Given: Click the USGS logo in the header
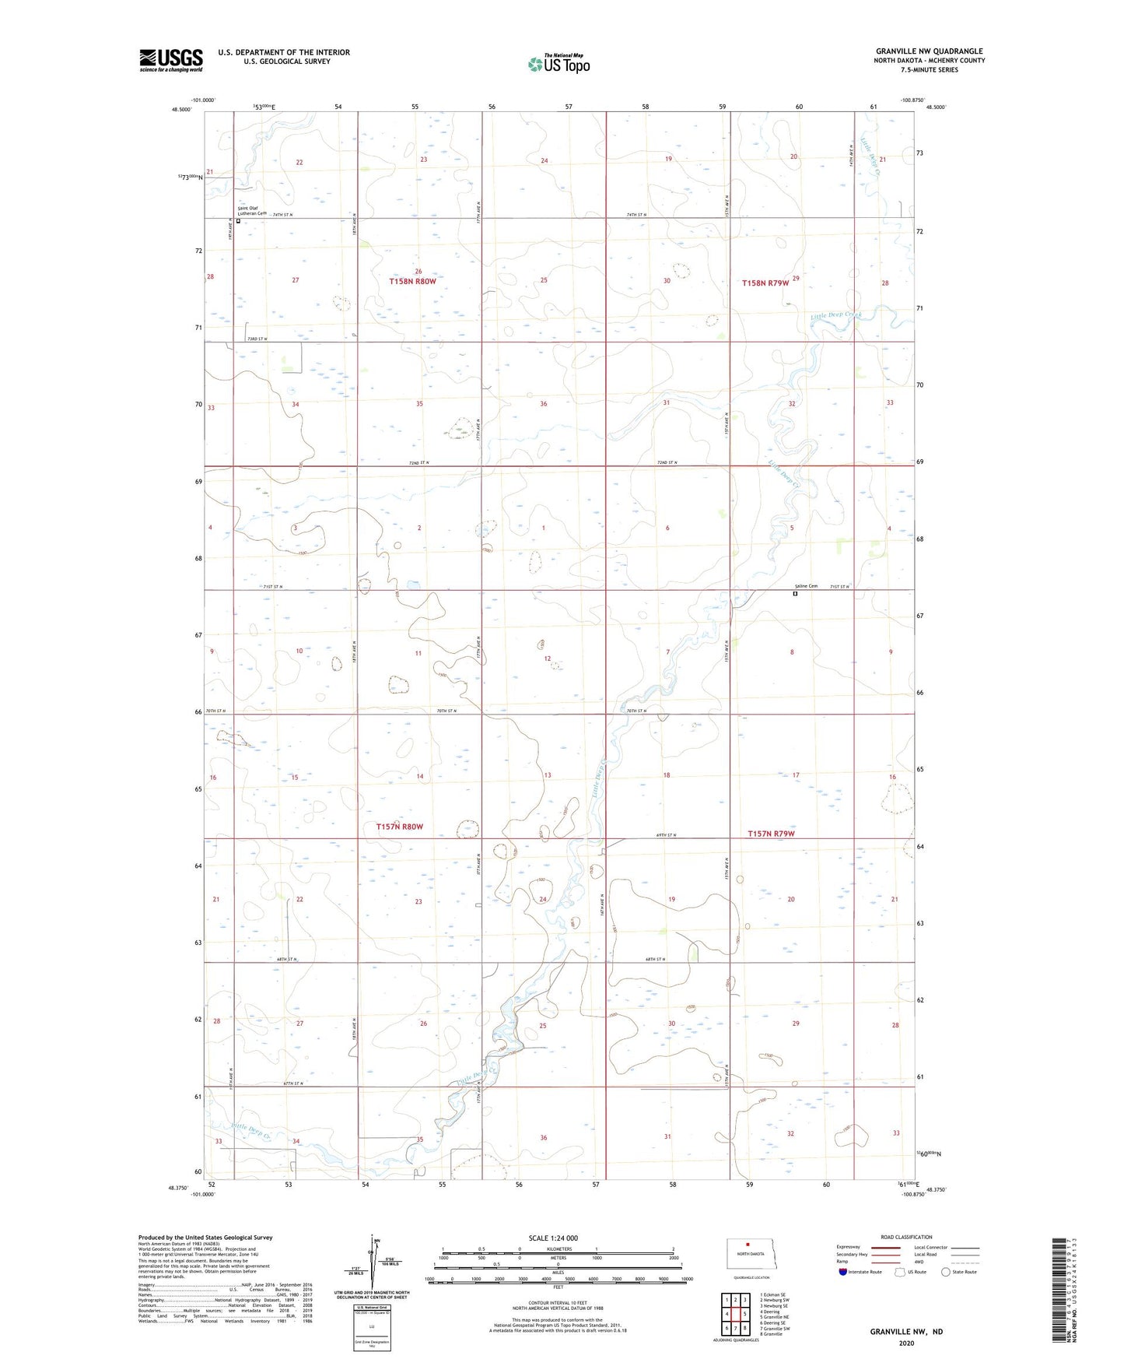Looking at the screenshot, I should point(170,60).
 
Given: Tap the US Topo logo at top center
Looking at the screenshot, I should point(558,64).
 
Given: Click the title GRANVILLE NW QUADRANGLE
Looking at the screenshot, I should point(929,51).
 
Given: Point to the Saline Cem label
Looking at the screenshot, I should point(806,586).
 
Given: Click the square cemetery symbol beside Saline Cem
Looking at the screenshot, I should point(795,594).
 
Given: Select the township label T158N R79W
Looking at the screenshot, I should point(765,283).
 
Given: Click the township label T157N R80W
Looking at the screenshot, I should point(399,827).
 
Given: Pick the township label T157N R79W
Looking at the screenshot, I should point(771,834).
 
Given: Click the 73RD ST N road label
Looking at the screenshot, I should point(257,339).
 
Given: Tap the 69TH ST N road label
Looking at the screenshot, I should point(666,835).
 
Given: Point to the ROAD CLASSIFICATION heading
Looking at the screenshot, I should point(906,1237).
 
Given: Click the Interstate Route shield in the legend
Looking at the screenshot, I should point(842,1272).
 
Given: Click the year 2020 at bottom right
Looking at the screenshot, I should point(905,1343).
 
